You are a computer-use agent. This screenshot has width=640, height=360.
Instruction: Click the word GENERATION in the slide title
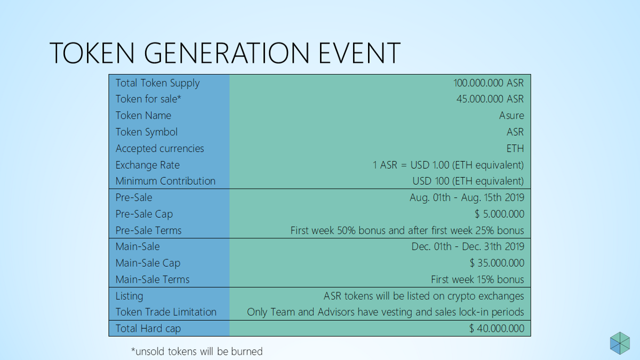click(x=227, y=53)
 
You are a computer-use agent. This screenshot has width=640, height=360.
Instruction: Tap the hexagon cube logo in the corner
click(x=620, y=343)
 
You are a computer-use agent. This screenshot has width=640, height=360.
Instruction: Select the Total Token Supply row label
click(x=157, y=83)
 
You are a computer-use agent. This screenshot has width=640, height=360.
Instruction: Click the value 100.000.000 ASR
click(x=489, y=83)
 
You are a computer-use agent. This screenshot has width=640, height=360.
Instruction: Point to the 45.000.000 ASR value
click(x=490, y=99)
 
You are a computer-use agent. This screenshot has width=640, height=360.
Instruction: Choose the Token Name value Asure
click(x=511, y=115)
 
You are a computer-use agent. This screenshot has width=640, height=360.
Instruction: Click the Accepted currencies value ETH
click(x=515, y=149)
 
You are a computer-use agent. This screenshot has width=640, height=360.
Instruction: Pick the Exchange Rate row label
click(x=147, y=165)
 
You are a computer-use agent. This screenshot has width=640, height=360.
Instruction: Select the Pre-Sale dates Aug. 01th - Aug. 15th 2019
click(x=467, y=197)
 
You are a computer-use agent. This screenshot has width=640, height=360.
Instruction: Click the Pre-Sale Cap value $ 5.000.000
click(x=499, y=214)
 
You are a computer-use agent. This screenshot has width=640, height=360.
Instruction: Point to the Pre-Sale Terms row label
click(x=148, y=230)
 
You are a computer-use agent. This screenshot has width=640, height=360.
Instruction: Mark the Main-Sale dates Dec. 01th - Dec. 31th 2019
click(x=468, y=246)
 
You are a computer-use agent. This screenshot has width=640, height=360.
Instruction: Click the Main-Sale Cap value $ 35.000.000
click(x=497, y=263)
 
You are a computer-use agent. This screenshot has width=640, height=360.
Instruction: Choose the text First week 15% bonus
click(x=477, y=279)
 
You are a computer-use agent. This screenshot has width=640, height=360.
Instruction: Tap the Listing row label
click(x=129, y=296)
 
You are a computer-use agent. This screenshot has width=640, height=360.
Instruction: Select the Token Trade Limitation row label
click(x=166, y=312)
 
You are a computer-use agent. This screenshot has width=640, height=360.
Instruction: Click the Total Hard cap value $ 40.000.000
click(x=497, y=329)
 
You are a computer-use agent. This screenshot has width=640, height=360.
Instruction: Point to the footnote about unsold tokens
click(x=197, y=351)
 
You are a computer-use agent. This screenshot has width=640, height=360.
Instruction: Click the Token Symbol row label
click(x=146, y=132)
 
